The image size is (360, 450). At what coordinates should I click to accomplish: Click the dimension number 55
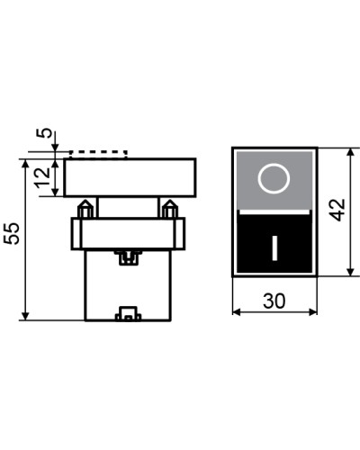coord(12,234)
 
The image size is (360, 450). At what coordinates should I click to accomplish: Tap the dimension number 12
coord(42,178)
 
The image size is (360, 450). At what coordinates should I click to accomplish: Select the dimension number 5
coord(44,133)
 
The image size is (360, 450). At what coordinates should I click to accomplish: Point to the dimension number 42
coord(337,210)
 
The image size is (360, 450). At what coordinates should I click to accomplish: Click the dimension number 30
coord(274,301)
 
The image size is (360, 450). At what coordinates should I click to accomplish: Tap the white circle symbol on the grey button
coord(274,178)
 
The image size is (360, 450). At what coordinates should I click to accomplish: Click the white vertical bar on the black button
coord(274,248)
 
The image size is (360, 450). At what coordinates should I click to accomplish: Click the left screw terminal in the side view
coord(85,209)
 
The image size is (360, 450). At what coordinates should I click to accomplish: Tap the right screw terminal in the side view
coord(170,209)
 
